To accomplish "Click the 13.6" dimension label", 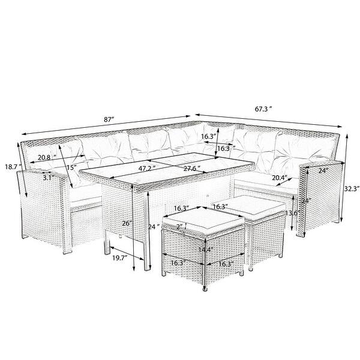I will tap(291, 212).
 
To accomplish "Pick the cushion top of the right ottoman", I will tap(255, 209).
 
